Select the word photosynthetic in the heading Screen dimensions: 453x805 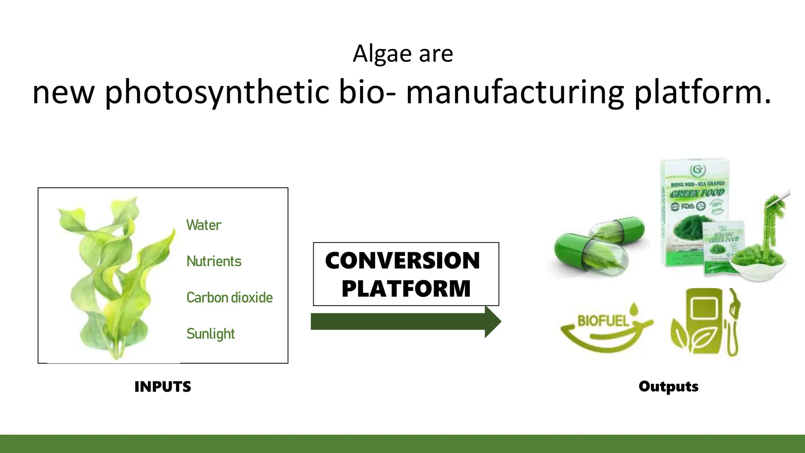click(x=216, y=93)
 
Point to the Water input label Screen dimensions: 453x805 click(x=204, y=225)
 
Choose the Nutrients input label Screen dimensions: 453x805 click(x=214, y=261)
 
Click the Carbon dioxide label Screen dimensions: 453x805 click(x=230, y=298)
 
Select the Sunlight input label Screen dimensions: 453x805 click(x=210, y=334)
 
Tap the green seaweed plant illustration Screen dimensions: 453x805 click(x=114, y=275)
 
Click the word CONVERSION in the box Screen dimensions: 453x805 click(x=402, y=261)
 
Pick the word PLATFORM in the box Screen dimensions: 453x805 click(x=406, y=289)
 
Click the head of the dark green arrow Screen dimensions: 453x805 click(x=493, y=322)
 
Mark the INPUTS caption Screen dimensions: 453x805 click(x=163, y=387)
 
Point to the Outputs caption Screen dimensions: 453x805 click(x=668, y=386)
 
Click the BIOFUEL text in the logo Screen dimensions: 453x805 click(x=603, y=321)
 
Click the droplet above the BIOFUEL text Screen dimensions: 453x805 click(x=634, y=309)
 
